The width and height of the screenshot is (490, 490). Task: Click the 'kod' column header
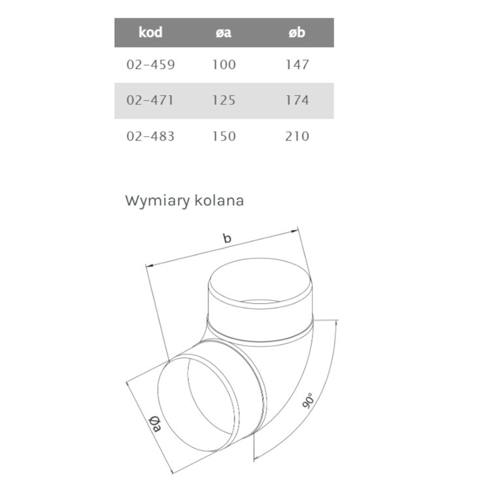pos(150,32)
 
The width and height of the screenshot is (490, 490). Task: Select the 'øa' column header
pos(223,32)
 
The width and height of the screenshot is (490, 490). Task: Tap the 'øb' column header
pos(297,32)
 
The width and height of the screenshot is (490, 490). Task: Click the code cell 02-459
pos(150,65)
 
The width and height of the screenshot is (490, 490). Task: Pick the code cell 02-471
pos(150,101)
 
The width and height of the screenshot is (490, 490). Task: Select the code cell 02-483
pos(150,137)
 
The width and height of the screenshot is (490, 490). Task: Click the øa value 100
pos(223,65)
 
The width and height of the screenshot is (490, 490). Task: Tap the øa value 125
pos(223,101)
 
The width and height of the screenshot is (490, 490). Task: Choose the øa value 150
pos(223,137)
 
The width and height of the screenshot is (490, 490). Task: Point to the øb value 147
pos(297,65)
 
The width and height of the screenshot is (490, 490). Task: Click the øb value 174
pos(297,101)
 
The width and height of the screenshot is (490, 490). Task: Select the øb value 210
pos(297,137)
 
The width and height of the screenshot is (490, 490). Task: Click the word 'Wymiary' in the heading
pos(156,201)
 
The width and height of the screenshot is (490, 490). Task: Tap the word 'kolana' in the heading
pos(219,201)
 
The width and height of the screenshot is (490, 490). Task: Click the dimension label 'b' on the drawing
pos(227,239)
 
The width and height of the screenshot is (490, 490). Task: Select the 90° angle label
pos(308,399)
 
